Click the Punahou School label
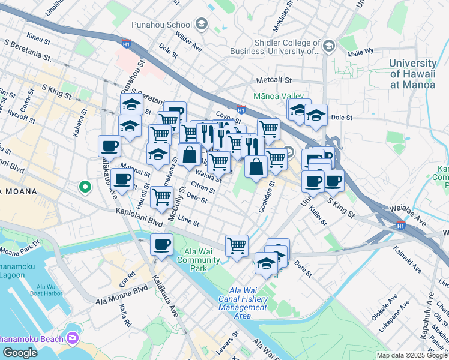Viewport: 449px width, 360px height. point(162,25)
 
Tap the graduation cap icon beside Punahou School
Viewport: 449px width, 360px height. point(202,25)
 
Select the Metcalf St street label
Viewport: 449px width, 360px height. point(273,80)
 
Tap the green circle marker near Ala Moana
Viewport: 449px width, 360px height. point(85,187)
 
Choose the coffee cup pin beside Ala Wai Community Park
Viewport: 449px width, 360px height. point(161,245)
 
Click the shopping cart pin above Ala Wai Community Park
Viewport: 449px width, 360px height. point(237,245)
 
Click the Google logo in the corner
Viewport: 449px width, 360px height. point(20,353)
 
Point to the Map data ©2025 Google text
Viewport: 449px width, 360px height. point(412,355)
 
